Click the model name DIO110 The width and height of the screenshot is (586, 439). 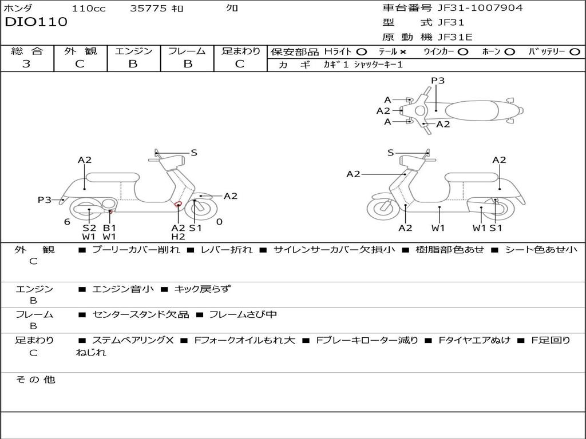click(36, 22)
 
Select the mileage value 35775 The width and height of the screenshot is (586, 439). click(148, 8)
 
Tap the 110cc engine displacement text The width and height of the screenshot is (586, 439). click(89, 8)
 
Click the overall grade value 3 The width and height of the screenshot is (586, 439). click(26, 63)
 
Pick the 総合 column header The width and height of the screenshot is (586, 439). click(27, 51)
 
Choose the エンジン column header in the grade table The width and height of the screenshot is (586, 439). click(133, 51)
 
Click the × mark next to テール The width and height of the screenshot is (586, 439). click(403, 51)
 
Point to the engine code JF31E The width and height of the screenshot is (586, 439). click(455, 37)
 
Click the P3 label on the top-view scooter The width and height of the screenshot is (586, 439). click(438, 81)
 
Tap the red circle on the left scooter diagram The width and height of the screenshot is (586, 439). click(178, 204)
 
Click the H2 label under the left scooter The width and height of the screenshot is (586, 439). click(178, 237)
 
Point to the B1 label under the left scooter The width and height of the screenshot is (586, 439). click(109, 228)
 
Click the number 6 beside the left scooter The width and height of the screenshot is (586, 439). click(67, 221)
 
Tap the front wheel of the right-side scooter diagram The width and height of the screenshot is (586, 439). click(383, 209)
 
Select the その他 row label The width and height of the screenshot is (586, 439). click(35, 380)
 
